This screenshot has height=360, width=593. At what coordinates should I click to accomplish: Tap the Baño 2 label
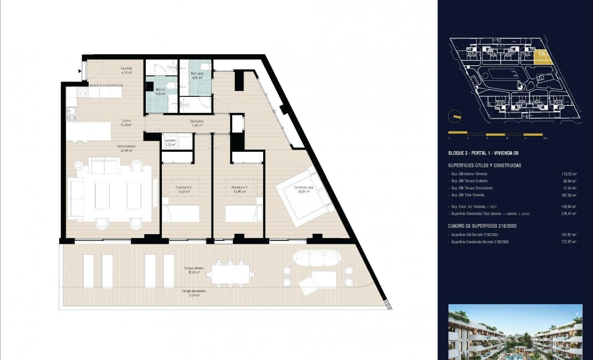(x=161, y=90)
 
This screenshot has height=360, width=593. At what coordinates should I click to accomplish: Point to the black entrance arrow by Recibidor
(x=81, y=70)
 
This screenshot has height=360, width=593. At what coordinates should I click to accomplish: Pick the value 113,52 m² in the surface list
(x=569, y=173)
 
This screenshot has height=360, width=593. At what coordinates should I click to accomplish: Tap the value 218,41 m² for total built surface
(x=569, y=213)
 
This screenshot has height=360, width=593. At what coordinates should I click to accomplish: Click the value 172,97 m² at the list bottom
(x=569, y=241)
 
